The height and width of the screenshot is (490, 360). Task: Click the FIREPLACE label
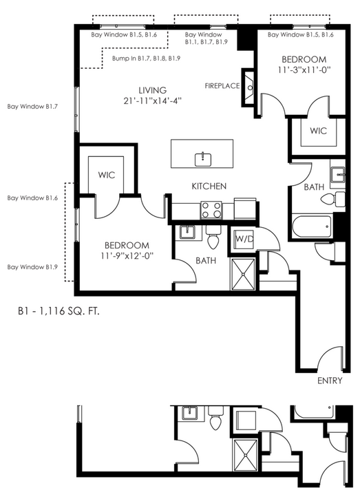(222, 85)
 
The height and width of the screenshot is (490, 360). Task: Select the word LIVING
(153, 90)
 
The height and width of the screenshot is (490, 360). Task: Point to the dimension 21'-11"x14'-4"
(153, 101)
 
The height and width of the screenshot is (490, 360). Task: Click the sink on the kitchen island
(203, 160)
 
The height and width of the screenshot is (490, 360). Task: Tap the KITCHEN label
(209, 187)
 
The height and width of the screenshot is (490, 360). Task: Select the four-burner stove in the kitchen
(211, 210)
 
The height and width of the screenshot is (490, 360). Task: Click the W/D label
(244, 239)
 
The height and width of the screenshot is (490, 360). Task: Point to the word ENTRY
(330, 381)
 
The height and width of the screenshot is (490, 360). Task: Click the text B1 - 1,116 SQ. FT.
(59, 312)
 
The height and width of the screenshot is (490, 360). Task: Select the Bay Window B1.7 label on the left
(32, 107)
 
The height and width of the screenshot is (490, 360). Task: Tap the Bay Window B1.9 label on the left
(32, 267)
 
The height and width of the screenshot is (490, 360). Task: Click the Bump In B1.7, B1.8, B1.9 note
(146, 58)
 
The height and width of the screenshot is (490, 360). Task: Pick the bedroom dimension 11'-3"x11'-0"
(304, 70)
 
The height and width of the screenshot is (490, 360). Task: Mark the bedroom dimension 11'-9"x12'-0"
(127, 255)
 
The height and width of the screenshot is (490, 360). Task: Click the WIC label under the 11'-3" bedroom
(318, 131)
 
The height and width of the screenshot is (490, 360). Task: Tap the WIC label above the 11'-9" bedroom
(107, 175)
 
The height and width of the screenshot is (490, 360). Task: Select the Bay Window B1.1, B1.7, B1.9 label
(207, 38)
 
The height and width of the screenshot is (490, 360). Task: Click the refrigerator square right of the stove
(244, 209)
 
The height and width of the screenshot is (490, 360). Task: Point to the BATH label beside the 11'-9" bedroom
(206, 261)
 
